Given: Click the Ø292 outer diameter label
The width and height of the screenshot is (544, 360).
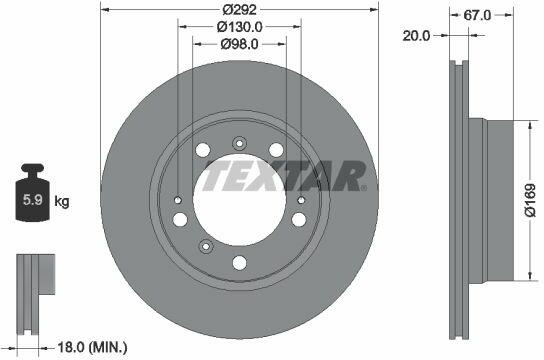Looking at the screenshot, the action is pos(239,9).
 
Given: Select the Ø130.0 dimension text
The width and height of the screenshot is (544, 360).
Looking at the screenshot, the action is pos(239,27).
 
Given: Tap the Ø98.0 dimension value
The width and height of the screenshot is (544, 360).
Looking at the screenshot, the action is pos(239,44).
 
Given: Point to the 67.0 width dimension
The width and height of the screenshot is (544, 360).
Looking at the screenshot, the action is pos(477,15).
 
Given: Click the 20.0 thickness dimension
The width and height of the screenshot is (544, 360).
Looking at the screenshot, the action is pos(416,35).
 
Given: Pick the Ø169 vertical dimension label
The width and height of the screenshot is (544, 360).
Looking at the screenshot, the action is pos(530,200).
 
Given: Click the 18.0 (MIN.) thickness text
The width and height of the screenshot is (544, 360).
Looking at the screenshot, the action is pos(92,347).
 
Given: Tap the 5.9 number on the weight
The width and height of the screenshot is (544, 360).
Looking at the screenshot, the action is pos(33,200).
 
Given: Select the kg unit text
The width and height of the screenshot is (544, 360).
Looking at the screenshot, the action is pos(62,201).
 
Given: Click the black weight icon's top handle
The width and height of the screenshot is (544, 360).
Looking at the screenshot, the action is pos(33,168).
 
